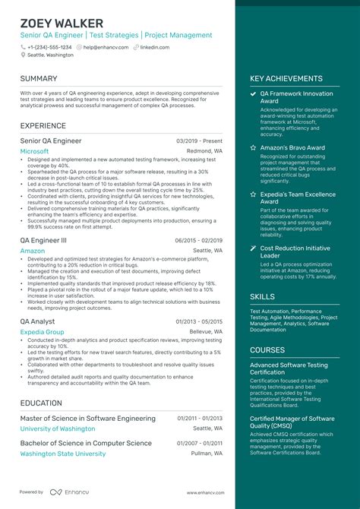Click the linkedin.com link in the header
pos(155,46)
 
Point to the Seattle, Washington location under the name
pos(50,55)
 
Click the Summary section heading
pos(39,78)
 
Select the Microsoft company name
pos(34,151)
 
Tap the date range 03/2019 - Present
pos(199,141)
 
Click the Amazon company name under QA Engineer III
pos(32,250)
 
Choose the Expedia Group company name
pos(42,332)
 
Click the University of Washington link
pos(58,428)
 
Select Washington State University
pos(63,454)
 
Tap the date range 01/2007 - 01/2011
pos(200,443)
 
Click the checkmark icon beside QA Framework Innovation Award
pos(253,93)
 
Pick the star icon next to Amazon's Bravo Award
pos(253,147)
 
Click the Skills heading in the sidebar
pos(263,296)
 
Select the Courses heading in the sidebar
pos(267,350)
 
